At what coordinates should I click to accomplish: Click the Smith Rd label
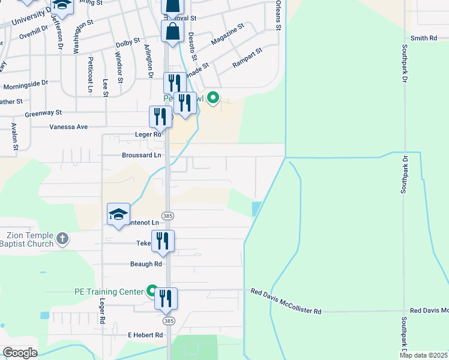click(424, 38)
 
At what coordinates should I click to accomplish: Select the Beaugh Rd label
click(146, 263)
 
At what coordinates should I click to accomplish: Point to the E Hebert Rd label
click(145, 335)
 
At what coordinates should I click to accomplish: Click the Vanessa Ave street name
click(68, 127)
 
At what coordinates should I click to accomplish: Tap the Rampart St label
click(247, 58)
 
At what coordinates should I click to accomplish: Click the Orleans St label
click(278, 17)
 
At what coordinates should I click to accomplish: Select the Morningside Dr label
click(25, 84)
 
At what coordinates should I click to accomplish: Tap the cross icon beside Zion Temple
click(62, 240)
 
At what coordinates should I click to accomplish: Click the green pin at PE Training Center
click(152, 291)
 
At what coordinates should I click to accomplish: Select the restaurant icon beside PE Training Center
click(166, 298)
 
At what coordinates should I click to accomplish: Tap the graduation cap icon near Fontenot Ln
click(118, 214)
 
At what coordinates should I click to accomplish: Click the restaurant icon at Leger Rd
click(160, 116)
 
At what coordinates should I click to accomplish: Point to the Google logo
click(20, 352)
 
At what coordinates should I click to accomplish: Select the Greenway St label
click(43, 112)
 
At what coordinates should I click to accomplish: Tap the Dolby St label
click(127, 44)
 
